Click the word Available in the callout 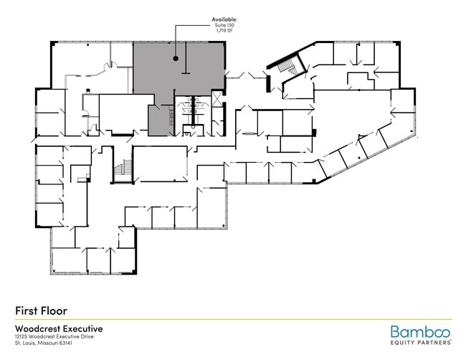click(224, 19)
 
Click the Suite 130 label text click(224, 25)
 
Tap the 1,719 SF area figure click(224, 30)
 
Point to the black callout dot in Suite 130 click(176, 59)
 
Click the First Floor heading click(42, 311)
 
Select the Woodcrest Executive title click(59, 328)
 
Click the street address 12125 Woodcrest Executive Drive click(54, 336)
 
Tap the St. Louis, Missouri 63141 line click(44, 343)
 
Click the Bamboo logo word click(420, 332)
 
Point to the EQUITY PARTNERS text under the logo click(421, 343)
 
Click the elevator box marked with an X click(217, 98)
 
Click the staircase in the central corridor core click(123, 167)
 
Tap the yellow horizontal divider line click(234, 320)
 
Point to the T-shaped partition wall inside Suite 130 click(186, 58)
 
